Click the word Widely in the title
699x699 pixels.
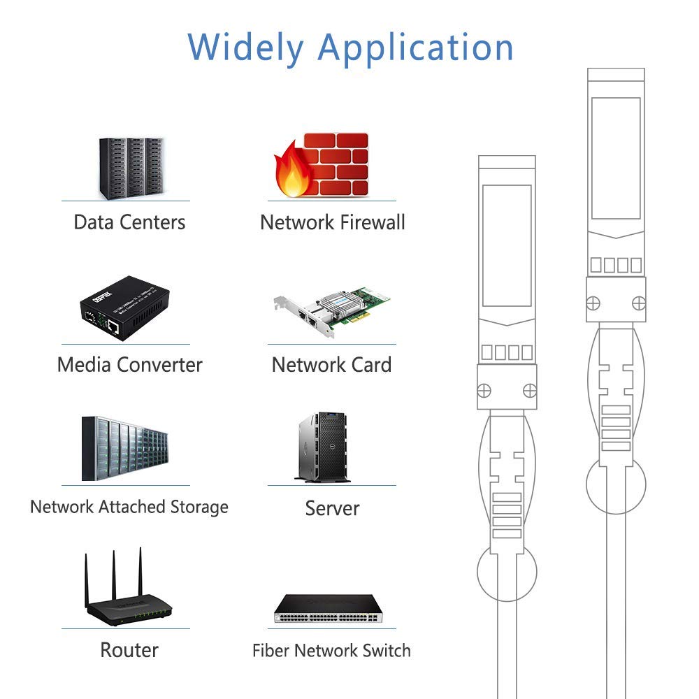[x=245, y=47]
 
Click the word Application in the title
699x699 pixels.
[x=415, y=47]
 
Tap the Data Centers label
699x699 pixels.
[x=129, y=223]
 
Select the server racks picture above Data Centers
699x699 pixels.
[x=131, y=167]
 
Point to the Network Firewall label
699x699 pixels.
[x=332, y=223]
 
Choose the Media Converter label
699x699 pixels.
[x=129, y=365]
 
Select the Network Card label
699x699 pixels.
[x=331, y=365]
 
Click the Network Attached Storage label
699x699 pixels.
[x=129, y=507]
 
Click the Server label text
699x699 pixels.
[x=332, y=508]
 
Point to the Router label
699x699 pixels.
[x=129, y=650]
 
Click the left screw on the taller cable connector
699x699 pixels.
[x=593, y=303]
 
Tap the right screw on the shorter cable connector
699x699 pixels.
[x=530, y=390]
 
